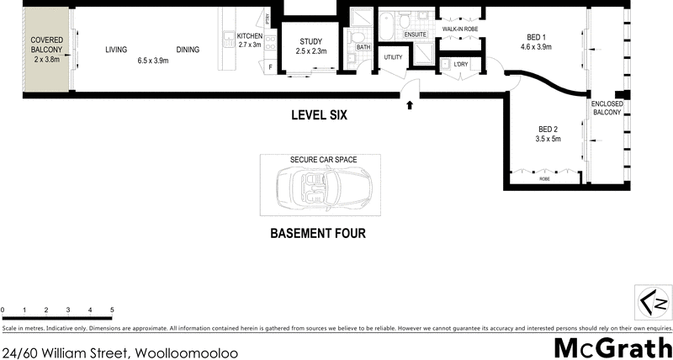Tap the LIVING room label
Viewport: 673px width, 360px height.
click(115, 50)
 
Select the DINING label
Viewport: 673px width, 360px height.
click(188, 50)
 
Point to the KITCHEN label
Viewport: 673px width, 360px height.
click(250, 36)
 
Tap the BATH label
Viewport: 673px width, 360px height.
click(363, 47)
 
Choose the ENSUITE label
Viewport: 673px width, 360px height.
click(416, 34)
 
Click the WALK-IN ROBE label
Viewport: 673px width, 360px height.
click(460, 29)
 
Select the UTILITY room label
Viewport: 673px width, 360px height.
click(393, 57)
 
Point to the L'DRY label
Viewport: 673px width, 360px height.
click(460, 64)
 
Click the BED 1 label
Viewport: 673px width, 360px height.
click(536, 37)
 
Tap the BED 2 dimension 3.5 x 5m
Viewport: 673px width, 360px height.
click(548, 139)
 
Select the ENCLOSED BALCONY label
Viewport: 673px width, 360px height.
click(607, 108)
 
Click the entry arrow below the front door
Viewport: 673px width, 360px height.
click(410, 105)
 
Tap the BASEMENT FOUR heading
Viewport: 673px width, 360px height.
click(317, 233)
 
